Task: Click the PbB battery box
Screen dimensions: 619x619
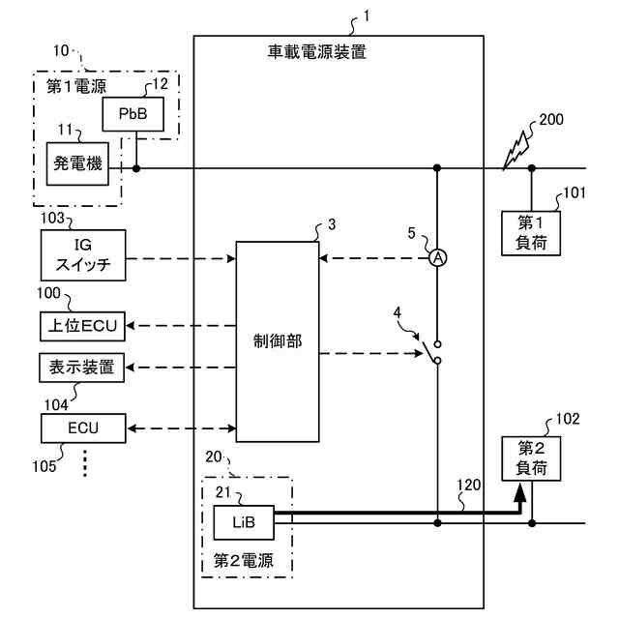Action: click(133, 114)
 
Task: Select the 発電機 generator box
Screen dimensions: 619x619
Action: click(77, 163)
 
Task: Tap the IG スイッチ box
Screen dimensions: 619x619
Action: click(83, 255)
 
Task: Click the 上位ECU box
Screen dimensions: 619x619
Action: click(82, 326)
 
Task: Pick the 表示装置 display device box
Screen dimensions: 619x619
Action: click(81, 368)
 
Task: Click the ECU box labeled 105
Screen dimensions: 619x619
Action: click(83, 428)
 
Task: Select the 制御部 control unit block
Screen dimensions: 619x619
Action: click(278, 341)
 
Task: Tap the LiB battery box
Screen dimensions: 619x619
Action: click(244, 522)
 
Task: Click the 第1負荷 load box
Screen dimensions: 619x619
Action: click(531, 233)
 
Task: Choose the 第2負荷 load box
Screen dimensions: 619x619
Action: click(531, 458)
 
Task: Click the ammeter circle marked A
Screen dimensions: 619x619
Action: click(438, 258)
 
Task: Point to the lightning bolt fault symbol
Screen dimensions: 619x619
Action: click(516, 151)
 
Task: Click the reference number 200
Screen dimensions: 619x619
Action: click(551, 120)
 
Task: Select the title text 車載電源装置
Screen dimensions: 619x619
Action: click(317, 52)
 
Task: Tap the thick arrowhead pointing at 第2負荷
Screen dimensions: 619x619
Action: click(520, 493)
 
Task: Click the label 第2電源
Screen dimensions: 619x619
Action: click(243, 561)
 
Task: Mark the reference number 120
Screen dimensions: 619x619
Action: click(468, 485)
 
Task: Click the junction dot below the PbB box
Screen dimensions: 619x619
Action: click(136, 168)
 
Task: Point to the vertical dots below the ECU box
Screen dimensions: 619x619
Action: click(85, 462)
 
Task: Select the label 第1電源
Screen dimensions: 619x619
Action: click(76, 86)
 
